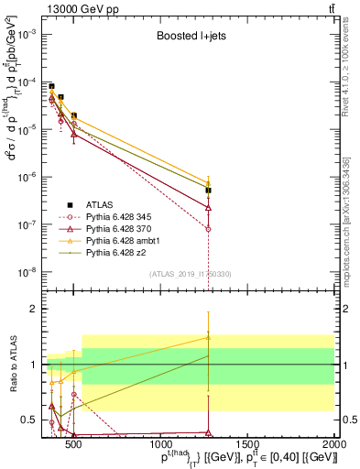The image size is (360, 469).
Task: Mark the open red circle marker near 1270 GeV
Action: pyautogui.click(x=209, y=229)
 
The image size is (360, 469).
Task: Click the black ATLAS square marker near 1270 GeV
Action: pyautogui.click(x=209, y=191)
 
